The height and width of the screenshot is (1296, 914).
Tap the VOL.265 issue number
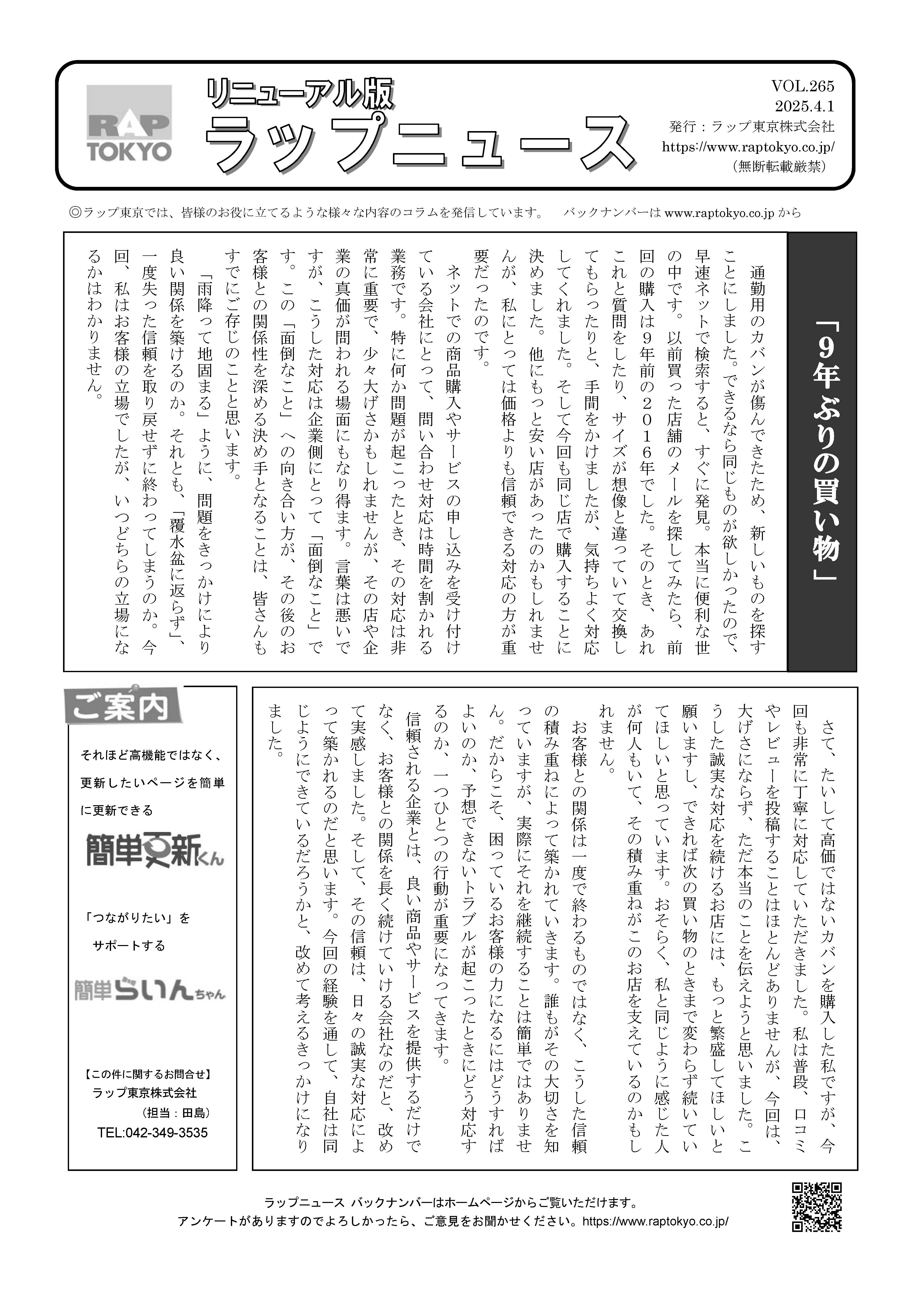(802, 86)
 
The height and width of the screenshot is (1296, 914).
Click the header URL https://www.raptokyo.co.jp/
(748, 147)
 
